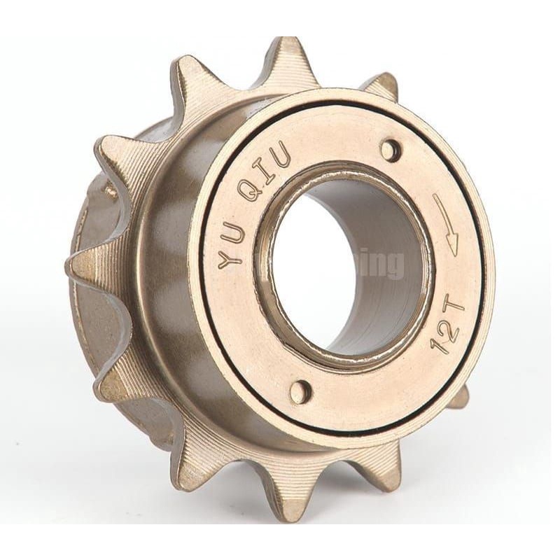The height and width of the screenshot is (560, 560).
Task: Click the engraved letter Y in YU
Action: point(229,261)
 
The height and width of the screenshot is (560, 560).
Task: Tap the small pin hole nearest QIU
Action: point(391,149)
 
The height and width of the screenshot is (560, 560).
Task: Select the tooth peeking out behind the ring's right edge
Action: point(460,398)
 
